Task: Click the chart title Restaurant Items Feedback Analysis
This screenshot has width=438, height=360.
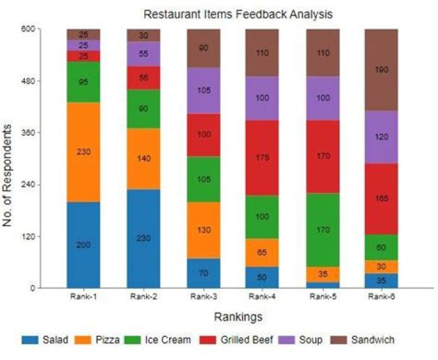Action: (238, 13)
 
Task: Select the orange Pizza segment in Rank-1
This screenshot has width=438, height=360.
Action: (83, 152)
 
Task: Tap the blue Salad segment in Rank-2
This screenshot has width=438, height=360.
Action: (143, 238)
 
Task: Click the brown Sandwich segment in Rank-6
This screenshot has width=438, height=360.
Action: (381, 69)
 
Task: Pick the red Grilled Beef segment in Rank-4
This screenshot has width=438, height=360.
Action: (262, 157)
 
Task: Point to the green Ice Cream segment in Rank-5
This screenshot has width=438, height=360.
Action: (322, 230)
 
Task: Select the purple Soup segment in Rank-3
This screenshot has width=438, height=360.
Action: (203, 91)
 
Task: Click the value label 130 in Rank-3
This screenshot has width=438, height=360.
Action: (203, 230)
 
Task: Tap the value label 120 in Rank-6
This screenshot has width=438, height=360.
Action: (381, 137)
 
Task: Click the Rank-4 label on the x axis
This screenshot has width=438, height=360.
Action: (262, 296)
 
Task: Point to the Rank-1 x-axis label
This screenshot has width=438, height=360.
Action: (83, 296)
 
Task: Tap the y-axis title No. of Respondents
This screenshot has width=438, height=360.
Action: (8, 175)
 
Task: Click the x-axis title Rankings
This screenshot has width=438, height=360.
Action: (238, 317)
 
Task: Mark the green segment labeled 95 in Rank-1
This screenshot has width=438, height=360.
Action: (83, 82)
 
